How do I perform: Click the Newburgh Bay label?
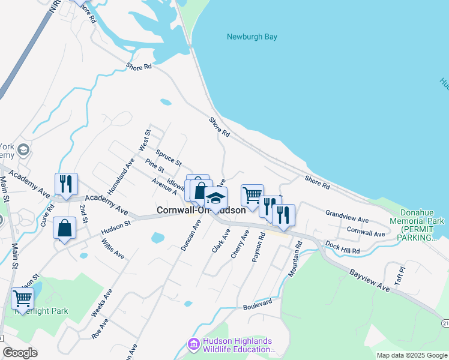coord(252,37)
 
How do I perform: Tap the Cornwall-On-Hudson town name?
coord(201,211)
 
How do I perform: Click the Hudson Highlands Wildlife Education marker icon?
coord(194,344)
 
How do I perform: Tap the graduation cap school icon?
coord(215,198)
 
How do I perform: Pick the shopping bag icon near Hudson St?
coord(64,228)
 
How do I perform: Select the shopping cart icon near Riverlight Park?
coord(22,298)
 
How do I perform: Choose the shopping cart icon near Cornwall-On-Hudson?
coord(252,194)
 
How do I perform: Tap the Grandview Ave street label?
coord(347,217)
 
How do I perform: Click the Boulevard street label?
coord(258,306)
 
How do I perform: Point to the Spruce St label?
coord(168,157)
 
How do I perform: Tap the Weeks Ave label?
coord(101,303)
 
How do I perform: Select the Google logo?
coord(20,353)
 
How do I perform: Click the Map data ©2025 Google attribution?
coord(411,355)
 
